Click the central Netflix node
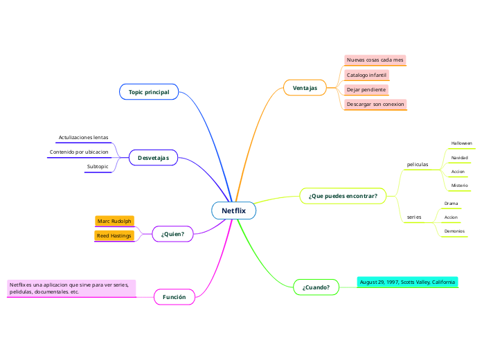(x=233, y=210)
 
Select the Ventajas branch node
(x=305, y=88)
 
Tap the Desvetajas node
(x=153, y=159)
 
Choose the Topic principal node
(x=149, y=92)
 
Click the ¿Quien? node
(x=172, y=234)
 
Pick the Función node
(x=174, y=297)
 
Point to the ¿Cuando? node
(x=316, y=287)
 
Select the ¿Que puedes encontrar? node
(x=343, y=196)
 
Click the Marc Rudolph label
(x=114, y=222)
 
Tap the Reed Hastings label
(x=114, y=236)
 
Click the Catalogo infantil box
(x=366, y=75)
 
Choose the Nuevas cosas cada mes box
(x=375, y=60)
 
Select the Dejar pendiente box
(x=366, y=90)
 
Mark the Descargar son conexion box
(x=375, y=105)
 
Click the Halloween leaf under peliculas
(x=461, y=143)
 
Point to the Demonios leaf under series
(x=454, y=231)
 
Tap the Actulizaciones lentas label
(x=83, y=138)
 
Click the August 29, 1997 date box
(x=407, y=282)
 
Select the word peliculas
(x=417, y=165)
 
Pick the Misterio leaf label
(x=459, y=186)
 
